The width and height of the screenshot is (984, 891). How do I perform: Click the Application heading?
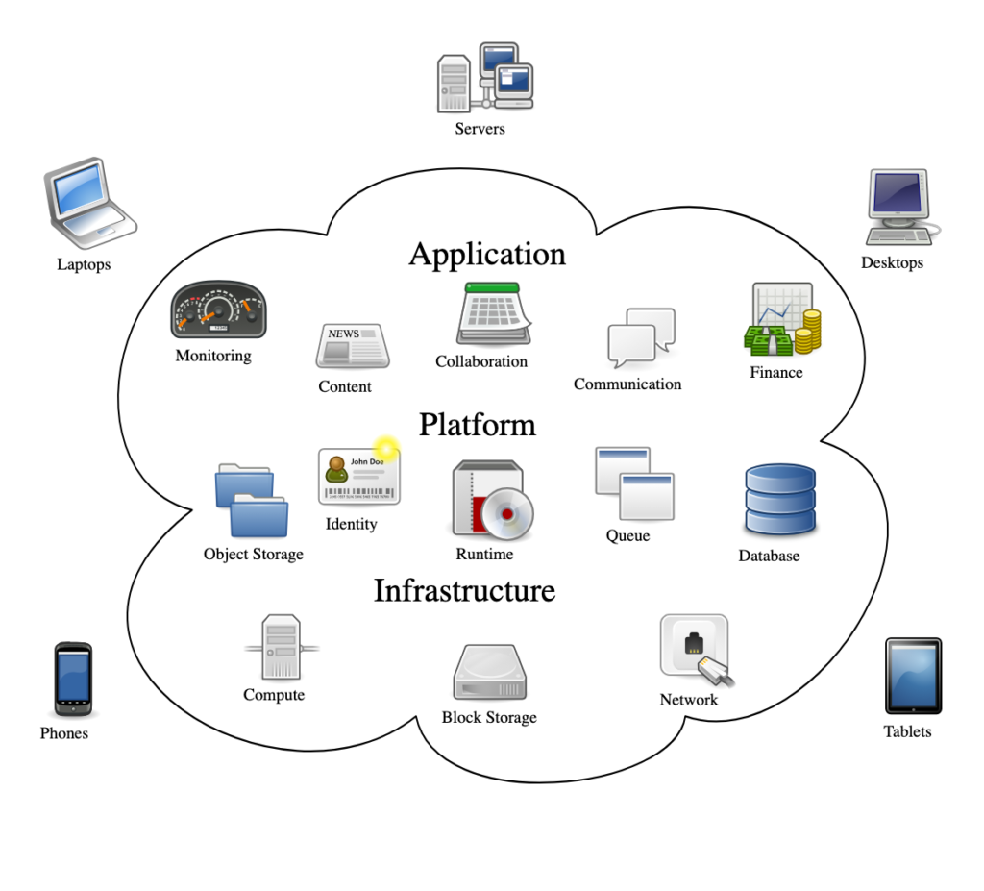487,254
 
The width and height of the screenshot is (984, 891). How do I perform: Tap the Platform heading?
477,425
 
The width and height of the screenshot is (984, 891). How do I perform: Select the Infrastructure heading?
464,590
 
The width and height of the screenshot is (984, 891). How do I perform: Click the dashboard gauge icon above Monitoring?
218,310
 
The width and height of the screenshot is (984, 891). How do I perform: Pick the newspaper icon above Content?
352,346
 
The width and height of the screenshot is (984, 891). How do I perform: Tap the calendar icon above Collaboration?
494,314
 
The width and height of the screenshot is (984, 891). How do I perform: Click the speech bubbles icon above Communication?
641,336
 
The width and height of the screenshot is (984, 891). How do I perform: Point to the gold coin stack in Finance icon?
810,330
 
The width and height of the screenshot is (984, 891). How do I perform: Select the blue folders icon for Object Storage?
252,500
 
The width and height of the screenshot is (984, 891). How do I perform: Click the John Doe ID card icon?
358,475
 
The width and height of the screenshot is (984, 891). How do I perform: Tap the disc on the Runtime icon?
507,512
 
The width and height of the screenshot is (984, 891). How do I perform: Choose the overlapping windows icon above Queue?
634,483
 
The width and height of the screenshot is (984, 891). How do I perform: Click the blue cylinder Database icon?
780,500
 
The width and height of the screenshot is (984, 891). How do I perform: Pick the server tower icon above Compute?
282,648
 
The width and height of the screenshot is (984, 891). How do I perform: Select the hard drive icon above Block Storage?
490,673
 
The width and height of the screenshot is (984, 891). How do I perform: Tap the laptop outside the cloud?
88,202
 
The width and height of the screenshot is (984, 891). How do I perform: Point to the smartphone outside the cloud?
73,678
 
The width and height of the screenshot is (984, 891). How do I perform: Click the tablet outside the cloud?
913,676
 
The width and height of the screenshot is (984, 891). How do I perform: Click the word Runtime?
484,555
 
